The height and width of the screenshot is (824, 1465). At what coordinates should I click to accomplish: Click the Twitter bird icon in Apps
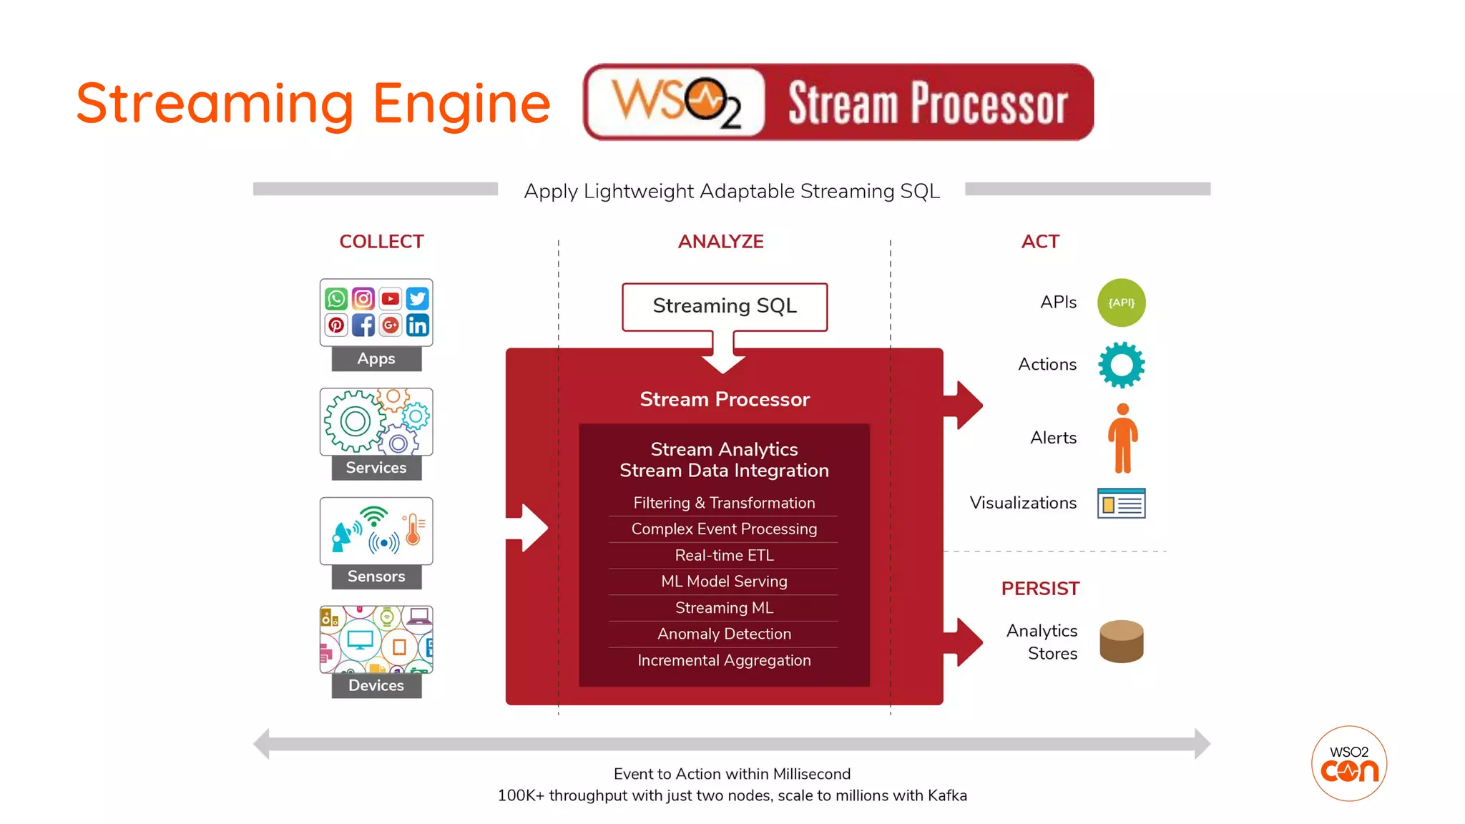pyautogui.click(x=417, y=298)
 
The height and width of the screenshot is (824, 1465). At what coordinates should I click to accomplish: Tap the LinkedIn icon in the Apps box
pyautogui.click(x=417, y=325)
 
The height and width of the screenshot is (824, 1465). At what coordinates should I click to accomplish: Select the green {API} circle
pyautogui.click(x=1121, y=303)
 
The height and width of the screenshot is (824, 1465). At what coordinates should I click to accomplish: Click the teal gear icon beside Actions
pyautogui.click(x=1121, y=365)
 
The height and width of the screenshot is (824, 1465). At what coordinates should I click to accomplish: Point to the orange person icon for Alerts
pyautogui.click(x=1122, y=438)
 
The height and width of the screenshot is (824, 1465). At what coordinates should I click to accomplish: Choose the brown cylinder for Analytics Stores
pyautogui.click(x=1121, y=641)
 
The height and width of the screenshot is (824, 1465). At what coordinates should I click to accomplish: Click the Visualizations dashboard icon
pyautogui.click(x=1121, y=503)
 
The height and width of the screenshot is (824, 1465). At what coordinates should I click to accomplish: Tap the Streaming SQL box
pyautogui.click(x=724, y=306)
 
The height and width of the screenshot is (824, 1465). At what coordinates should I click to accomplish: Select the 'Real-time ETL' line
pyautogui.click(x=724, y=555)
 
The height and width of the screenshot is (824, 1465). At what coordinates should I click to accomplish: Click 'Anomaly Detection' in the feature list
pyautogui.click(x=724, y=634)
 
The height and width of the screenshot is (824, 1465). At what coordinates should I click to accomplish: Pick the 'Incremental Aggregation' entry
pyautogui.click(x=724, y=660)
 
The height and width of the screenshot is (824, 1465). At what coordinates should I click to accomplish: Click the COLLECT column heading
pyautogui.click(x=381, y=242)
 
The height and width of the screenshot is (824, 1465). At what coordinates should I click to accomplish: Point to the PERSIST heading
pyautogui.click(x=1040, y=589)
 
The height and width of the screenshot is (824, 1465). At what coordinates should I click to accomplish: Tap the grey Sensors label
pyautogui.click(x=376, y=577)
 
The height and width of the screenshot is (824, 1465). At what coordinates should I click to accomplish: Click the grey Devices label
pyautogui.click(x=376, y=685)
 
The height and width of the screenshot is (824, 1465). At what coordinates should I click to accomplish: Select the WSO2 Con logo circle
pyautogui.click(x=1348, y=763)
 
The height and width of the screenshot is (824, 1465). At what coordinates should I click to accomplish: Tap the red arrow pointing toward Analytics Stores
pyautogui.click(x=965, y=642)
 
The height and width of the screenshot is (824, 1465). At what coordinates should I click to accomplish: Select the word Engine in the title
pyautogui.click(x=461, y=104)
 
